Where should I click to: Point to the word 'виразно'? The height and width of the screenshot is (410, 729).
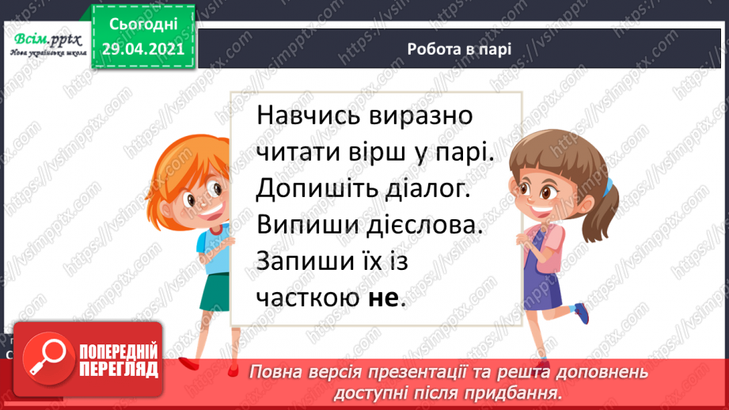[x=420, y=116]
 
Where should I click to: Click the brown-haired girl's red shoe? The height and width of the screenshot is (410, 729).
[x=582, y=312]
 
